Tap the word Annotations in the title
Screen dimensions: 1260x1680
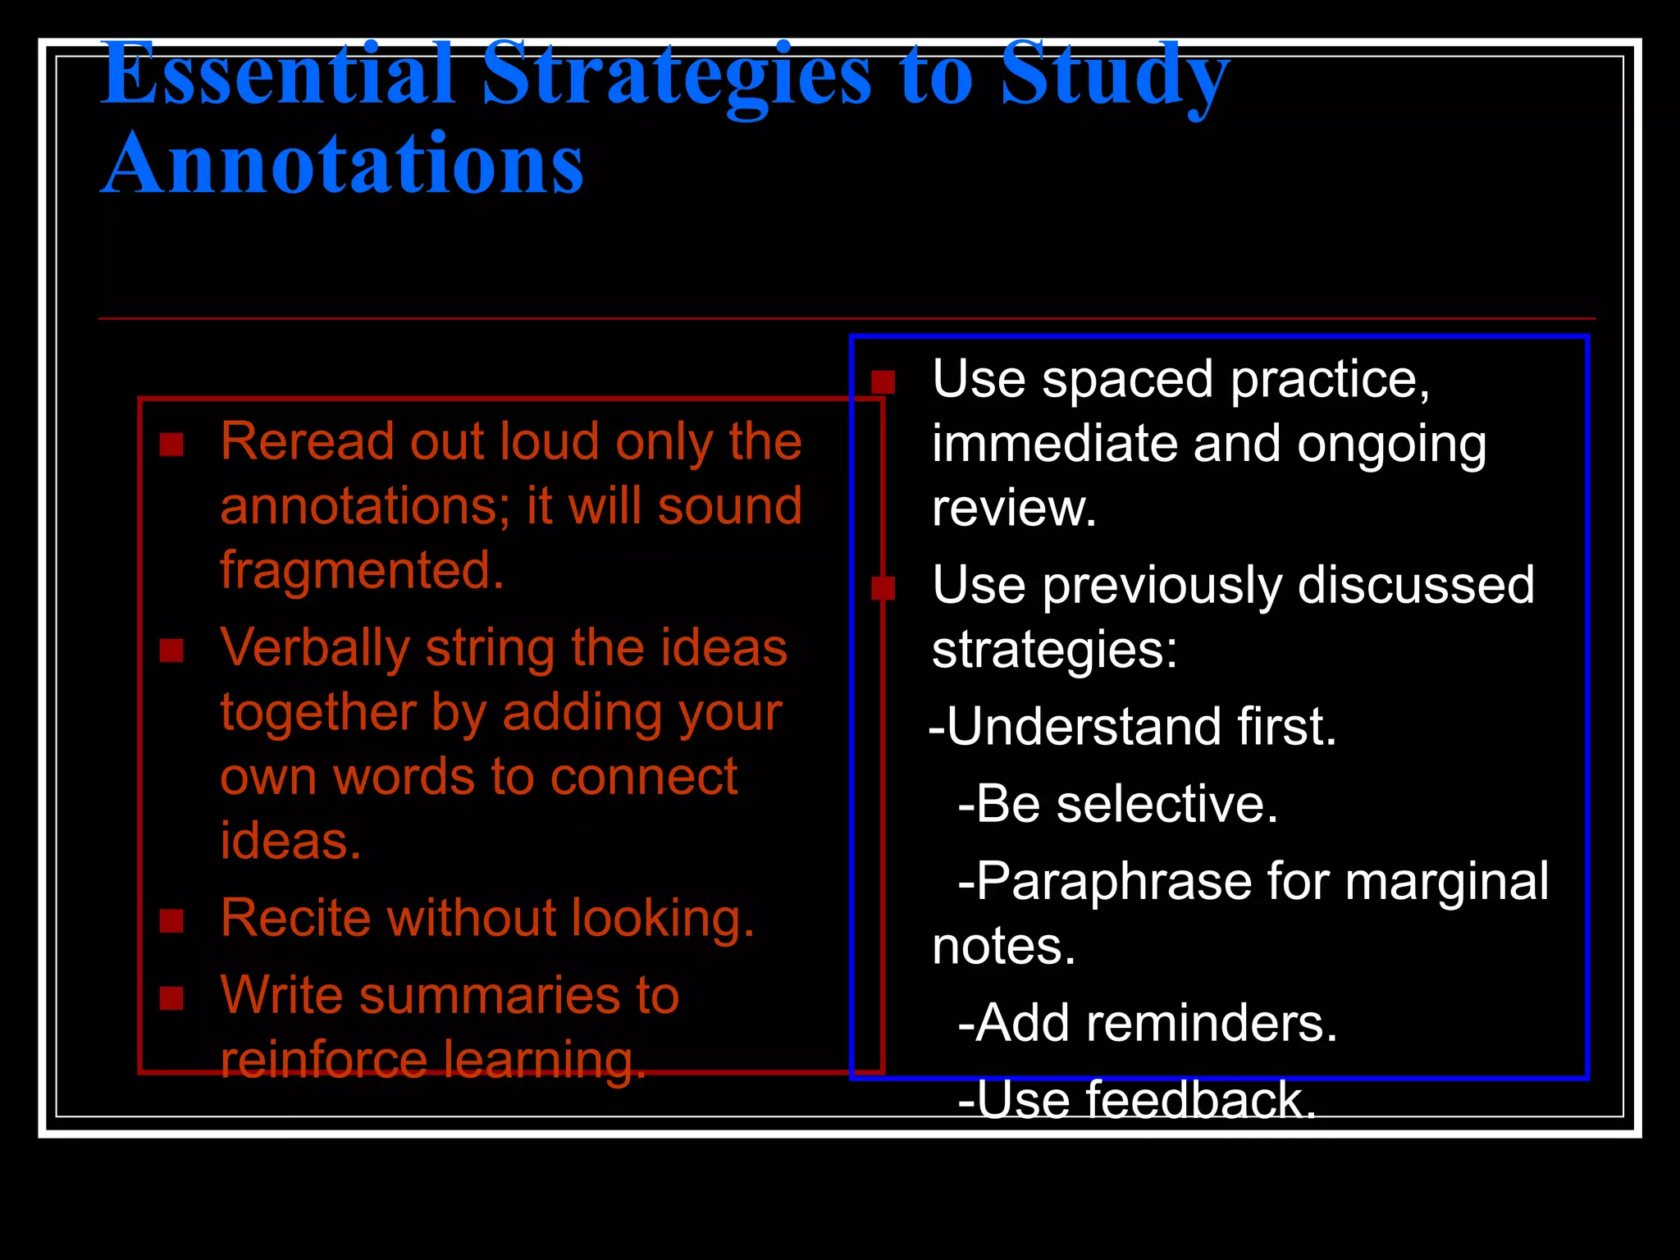pyautogui.click(x=343, y=166)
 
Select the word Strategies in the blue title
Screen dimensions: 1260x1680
pyautogui.click(x=677, y=75)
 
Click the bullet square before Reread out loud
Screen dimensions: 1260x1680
pyautogui.click(x=171, y=445)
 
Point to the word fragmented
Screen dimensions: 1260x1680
pyautogui.click(x=362, y=570)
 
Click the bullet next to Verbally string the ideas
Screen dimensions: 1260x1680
pyautogui.click(x=171, y=651)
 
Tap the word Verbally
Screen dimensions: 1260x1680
pyautogui.click(x=315, y=649)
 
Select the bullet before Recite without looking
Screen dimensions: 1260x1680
pyautogui.click(x=171, y=921)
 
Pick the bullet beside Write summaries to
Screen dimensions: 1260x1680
pyautogui.click(x=171, y=998)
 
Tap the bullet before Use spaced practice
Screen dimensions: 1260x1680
pyautogui.click(x=883, y=382)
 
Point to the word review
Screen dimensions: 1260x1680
pyautogui.click(x=1013, y=509)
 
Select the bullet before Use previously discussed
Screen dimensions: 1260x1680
pyautogui.click(x=883, y=587)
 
